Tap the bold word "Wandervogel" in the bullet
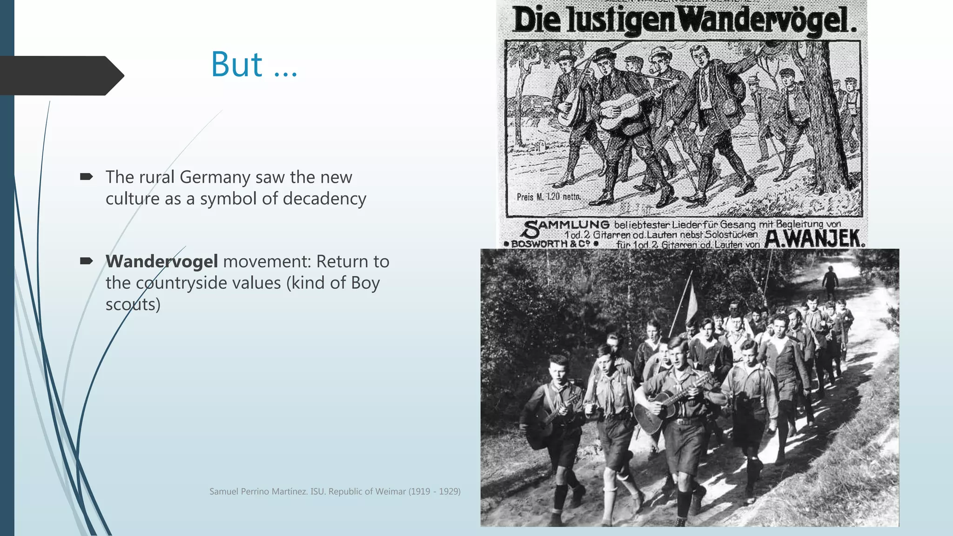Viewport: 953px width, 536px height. [x=161, y=261]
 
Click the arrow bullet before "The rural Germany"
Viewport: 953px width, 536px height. [x=86, y=176]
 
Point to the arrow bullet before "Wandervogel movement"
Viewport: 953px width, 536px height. [x=86, y=261]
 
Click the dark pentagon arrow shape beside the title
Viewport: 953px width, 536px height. [x=60, y=75]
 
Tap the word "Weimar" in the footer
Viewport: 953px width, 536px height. [x=391, y=491]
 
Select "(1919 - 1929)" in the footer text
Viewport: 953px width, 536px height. [x=435, y=491]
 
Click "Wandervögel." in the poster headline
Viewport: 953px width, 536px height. [x=768, y=21]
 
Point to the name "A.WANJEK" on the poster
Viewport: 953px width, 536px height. [x=814, y=239]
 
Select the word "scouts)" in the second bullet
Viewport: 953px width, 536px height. [x=133, y=304]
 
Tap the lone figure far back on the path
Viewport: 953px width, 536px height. [x=830, y=281]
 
